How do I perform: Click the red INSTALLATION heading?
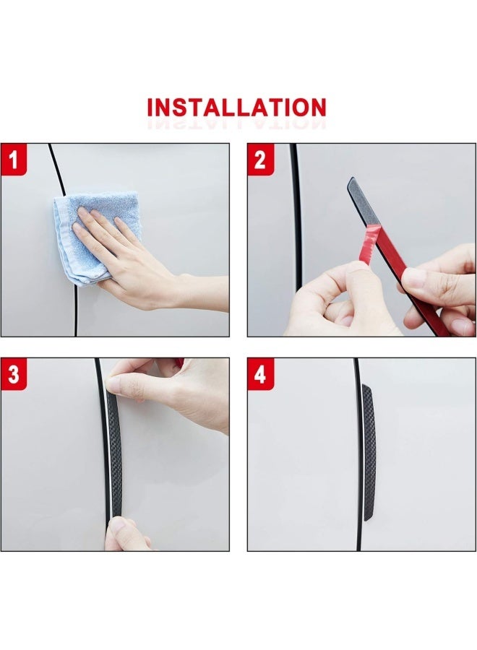[237, 108]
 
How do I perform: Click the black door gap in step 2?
[296, 217]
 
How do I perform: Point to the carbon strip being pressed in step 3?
[114, 455]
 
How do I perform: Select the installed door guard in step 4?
[368, 451]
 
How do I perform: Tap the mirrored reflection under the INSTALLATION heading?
[237, 124]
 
